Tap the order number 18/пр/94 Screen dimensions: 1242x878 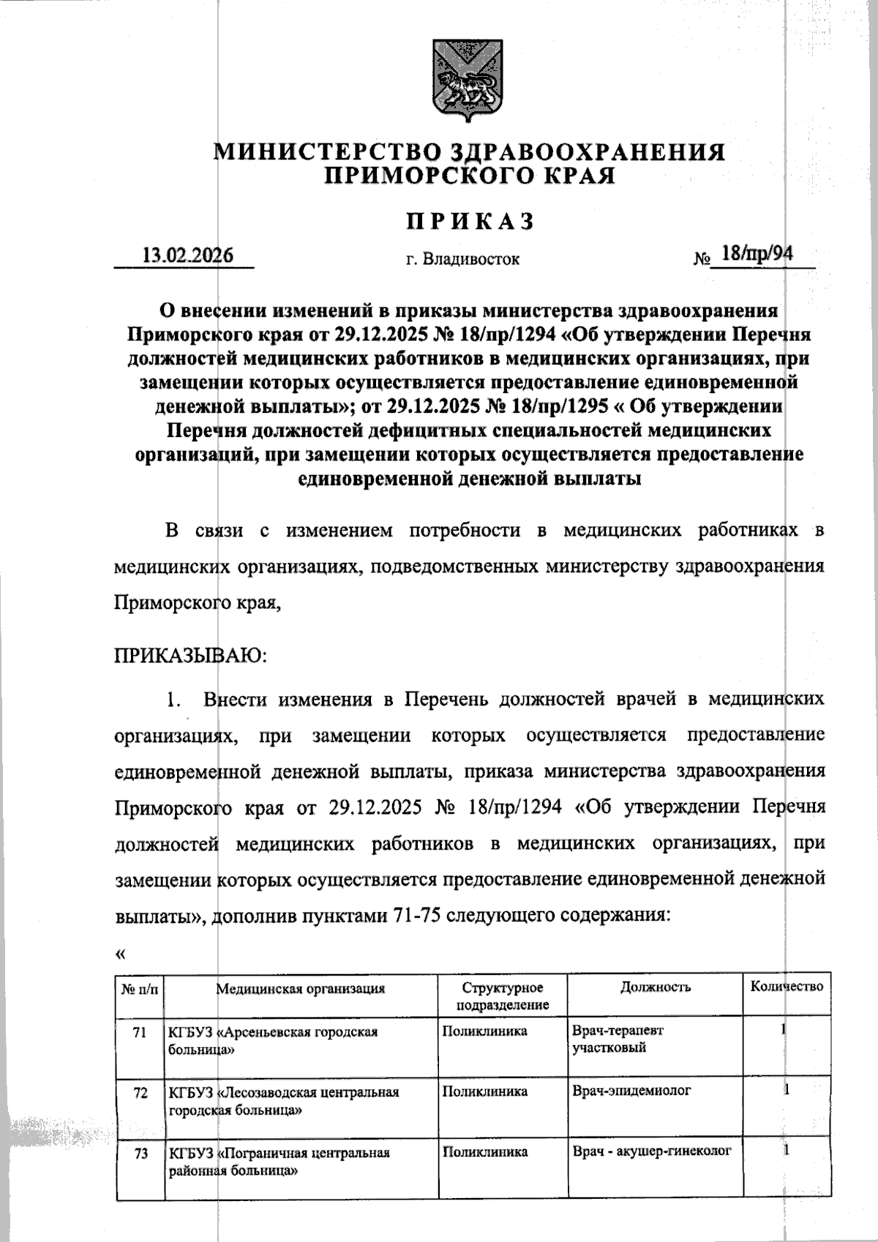click(756, 253)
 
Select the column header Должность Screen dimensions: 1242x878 click(655, 987)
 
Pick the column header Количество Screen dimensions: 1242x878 click(787, 987)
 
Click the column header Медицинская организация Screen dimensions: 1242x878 click(300, 989)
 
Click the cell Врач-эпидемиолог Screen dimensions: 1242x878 click(631, 1091)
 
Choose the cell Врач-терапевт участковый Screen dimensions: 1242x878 click(618, 1039)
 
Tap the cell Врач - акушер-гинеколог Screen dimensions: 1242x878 click(651, 1151)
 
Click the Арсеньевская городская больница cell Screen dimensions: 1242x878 click(273, 1040)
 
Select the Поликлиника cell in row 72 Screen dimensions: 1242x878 click(484, 1091)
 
